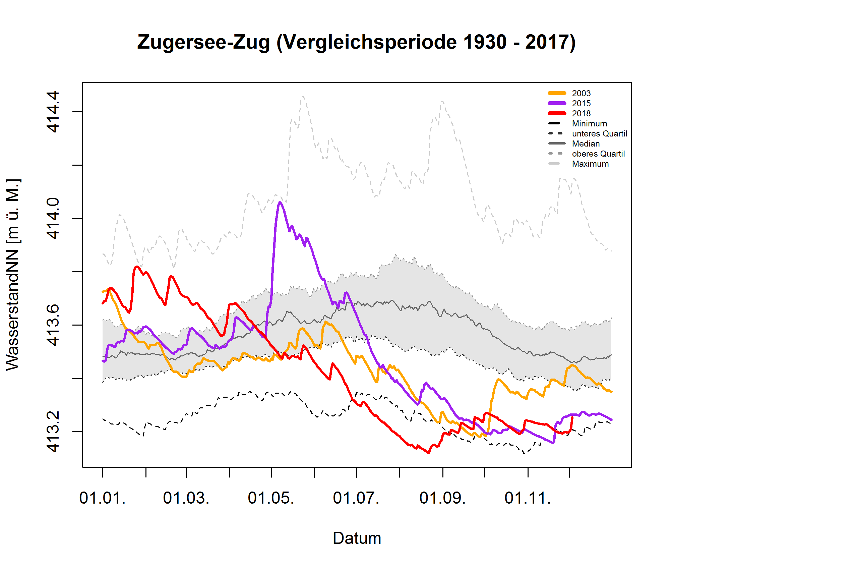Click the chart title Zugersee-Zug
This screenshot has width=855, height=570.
tap(356, 42)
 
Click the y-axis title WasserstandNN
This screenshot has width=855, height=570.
tap(13, 275)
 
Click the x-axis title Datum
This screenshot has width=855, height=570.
tap(357, 538)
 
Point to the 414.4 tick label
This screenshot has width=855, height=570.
tap(53, 112)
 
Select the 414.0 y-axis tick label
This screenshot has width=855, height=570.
tap(53, 219)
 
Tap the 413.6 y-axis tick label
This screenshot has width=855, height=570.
tap(53, 325)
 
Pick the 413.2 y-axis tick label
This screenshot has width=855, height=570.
tap(53, 432)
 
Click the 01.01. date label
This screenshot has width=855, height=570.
tap(103, 498)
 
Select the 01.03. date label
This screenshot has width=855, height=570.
tap(186, 498)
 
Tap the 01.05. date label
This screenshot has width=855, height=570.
tap(271, 498)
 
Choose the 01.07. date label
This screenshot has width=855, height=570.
tap(356, 498)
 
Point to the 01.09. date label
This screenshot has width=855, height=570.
tap(442, 498)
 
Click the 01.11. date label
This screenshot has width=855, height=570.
tap(528, 498)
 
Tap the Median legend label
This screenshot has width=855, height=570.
tap(586, 144)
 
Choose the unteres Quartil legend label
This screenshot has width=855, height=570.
tap(599, 134)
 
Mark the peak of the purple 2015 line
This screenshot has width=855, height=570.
tap(280, 202)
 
